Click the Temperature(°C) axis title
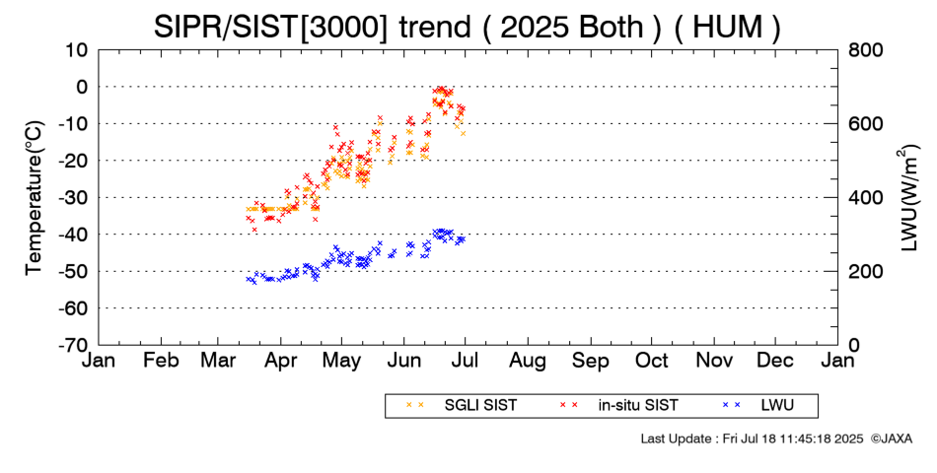click(x=34, y=197)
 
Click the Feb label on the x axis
click(x=161, y=361)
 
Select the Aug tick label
click(x=529, y=361)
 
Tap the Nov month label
click(x=714, y=361)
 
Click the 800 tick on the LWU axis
click(x=865, y=50)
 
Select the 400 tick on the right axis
click(x=865, y=198)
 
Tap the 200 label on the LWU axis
click(x=865, y=272)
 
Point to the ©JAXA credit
click(x=892, y=438)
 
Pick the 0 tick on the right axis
click(x=853, y=346)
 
